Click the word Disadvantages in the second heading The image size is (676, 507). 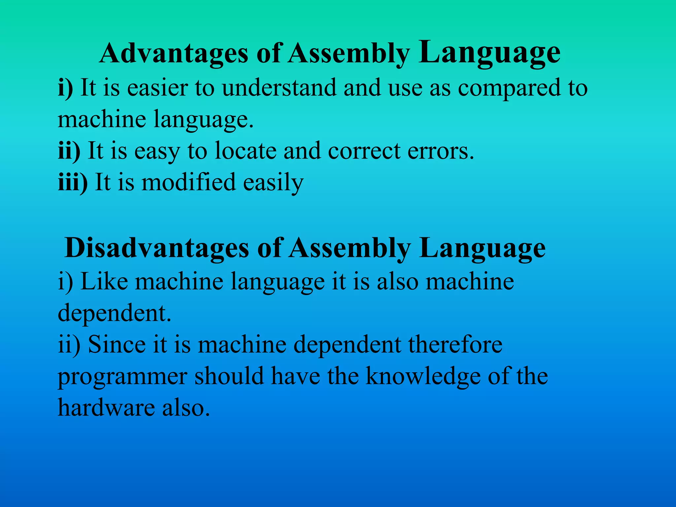click(157, 248)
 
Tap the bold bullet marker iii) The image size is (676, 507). click(73, 182)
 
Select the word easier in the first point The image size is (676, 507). click(157, 88)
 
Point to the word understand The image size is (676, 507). click(279, 88)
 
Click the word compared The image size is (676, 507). click(509, 88)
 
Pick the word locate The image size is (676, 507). click(246, 151)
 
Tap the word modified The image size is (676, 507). click(188, 182)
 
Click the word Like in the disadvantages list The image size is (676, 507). click(104, 281)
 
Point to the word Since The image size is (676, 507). click(117, 344)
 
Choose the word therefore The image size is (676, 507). click(455, 344)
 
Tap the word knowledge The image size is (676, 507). click(423, 376)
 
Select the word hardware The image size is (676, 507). click(106, 407)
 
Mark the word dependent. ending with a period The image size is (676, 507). click(115, 313)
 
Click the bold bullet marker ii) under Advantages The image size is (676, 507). click(69, 151)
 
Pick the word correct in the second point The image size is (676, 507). click(364, 151)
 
